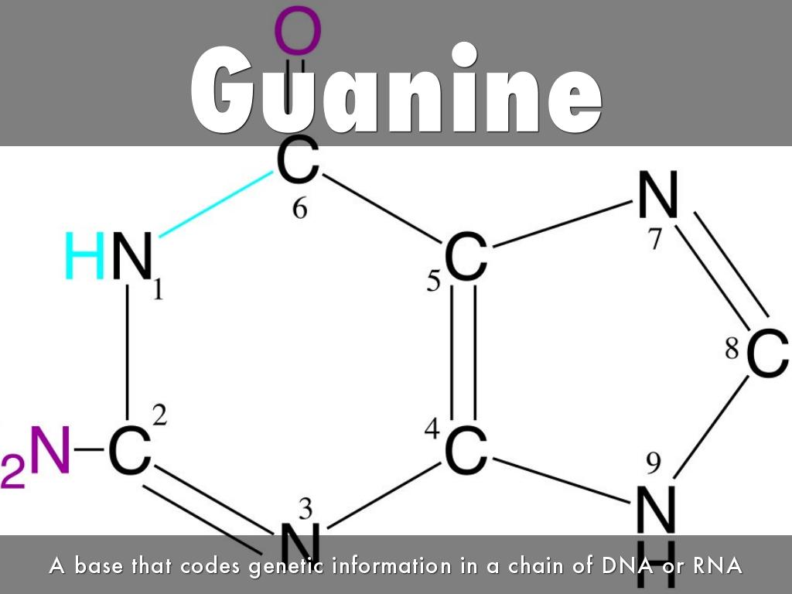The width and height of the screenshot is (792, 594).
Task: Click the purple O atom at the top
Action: [298, 30]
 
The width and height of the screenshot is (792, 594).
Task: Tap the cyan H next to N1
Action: [85, 255]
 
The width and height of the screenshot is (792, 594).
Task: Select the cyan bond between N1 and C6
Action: [217, 204]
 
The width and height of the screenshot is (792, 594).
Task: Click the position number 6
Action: [299, 208]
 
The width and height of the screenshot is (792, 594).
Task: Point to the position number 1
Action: [158, 290]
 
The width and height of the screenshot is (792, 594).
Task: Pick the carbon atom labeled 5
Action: [466, 257]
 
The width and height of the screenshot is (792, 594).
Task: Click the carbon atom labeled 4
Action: [466, 449]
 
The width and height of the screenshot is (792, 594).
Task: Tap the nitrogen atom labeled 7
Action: [657, 194]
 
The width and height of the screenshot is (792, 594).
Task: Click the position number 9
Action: [654, 463]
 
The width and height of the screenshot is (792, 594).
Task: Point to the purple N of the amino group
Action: [50, 449]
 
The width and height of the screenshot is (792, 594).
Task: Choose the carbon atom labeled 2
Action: [129, 449]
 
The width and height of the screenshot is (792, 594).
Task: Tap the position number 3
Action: [306, 509]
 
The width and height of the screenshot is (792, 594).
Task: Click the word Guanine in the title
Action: [397, 89]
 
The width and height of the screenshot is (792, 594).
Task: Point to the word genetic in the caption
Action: [286, 566]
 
